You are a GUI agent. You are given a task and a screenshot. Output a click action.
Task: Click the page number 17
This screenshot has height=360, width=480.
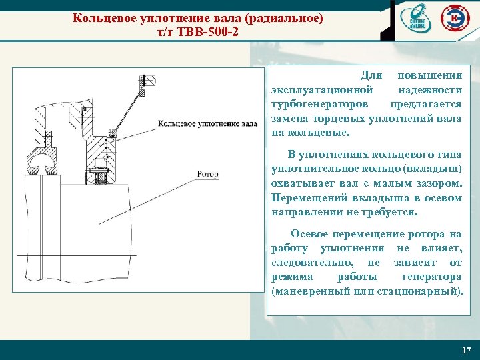pos(466,350)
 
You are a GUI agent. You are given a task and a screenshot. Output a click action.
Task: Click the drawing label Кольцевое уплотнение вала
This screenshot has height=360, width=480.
pos(208,123)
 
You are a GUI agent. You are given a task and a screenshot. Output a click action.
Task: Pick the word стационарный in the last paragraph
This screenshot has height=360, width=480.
pos(427,291)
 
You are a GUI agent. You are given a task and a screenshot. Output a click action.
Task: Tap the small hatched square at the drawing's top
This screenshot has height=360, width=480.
pos(149,81)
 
